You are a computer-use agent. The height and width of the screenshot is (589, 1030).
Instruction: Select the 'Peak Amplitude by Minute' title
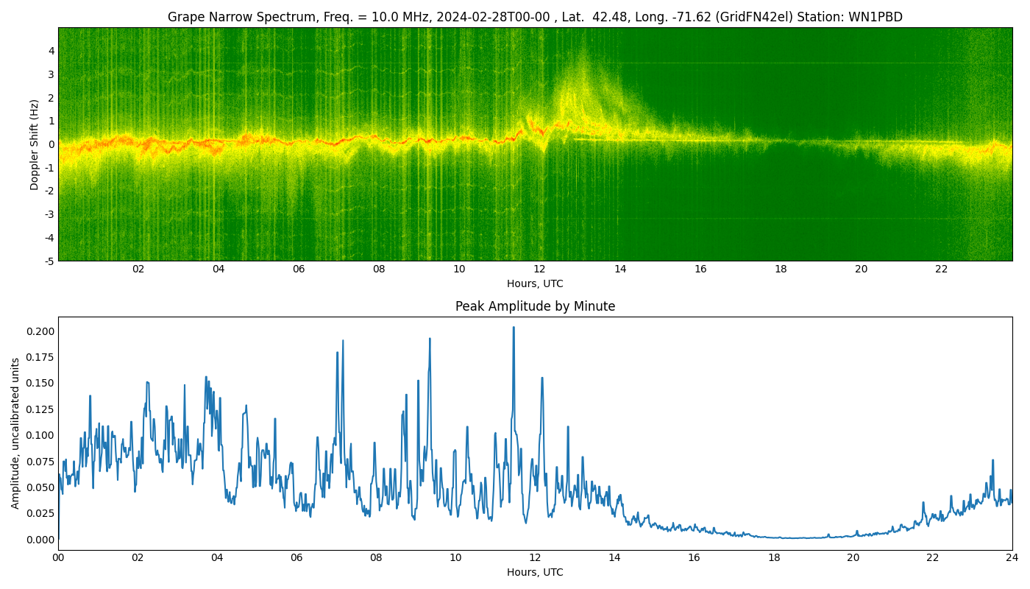tap(535, 306)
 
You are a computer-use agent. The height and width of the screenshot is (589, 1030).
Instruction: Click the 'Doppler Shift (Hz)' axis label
tap(35, 145)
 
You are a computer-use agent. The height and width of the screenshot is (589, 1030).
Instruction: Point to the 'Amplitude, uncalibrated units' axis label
tap(15, 433)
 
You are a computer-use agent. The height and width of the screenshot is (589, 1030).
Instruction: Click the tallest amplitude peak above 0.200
tap(514, 328)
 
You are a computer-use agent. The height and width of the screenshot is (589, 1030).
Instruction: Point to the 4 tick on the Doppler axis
tap(51, 51)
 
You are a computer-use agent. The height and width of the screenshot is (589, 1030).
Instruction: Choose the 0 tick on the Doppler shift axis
tap(51, 144)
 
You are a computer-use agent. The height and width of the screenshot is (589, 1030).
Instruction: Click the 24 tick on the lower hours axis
tap(1012, 558)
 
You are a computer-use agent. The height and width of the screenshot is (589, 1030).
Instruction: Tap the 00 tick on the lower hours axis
tap(58, 558)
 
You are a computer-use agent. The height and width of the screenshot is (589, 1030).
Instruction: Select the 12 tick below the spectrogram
tap(539, 269)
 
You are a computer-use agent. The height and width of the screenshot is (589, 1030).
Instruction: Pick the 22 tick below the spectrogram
tap(941, 269)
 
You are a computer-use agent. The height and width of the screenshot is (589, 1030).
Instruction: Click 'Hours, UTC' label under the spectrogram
tap(535, 284)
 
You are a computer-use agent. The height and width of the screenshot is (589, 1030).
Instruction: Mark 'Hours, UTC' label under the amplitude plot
tap(535, 572)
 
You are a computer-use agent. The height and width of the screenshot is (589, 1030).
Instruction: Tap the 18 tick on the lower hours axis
tap(774, 558)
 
